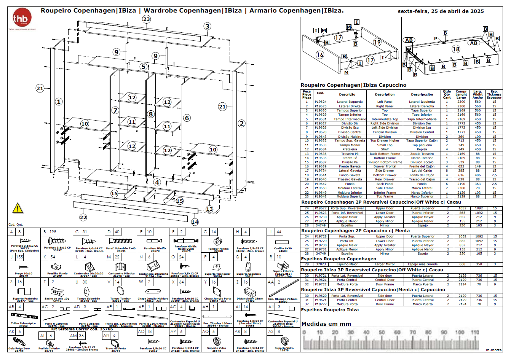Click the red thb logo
point(22,18)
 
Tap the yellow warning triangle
point(18,208)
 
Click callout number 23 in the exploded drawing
point(146,19)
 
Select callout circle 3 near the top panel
point(207,26)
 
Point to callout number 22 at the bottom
point(83,217)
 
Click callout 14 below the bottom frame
point(195,222)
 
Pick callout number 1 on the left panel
point(59,102)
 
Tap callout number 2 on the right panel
point(241,123)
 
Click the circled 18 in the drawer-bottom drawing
point(456,49)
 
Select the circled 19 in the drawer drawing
point(377,42)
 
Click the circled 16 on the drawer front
point(320,55)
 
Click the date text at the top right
point(441,11)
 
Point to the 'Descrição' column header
point(347,94)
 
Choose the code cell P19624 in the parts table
point(321,102)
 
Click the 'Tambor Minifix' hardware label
point(218,249)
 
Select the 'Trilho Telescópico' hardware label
point(23,323)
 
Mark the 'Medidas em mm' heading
point(326,324)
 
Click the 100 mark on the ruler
point(459,332)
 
